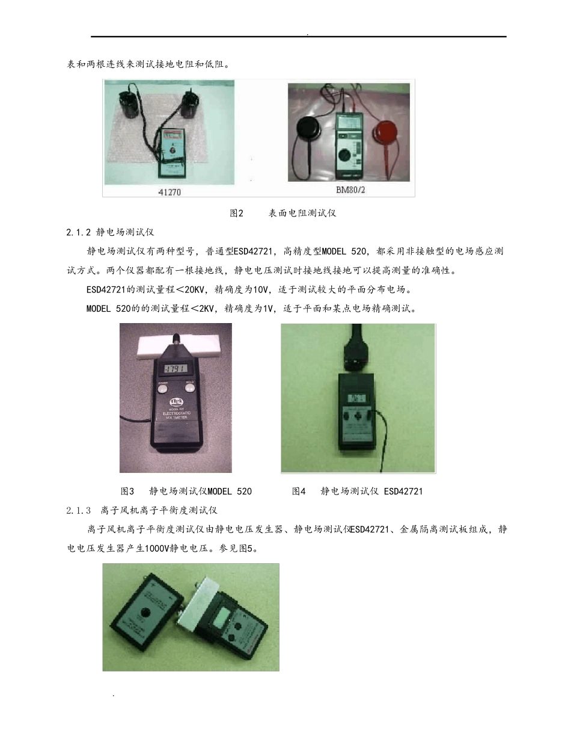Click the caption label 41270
click(169, 193)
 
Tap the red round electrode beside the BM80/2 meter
click(388, 132)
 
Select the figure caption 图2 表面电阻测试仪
click(286, 214)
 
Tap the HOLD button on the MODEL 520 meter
click(191, 388)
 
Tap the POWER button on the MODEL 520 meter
click(163, 388)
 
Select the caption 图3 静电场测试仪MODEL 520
click(186, 491)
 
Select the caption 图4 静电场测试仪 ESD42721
click(358, 491)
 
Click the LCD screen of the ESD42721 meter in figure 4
click(358, 398)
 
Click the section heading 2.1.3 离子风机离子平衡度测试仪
click(142, 511)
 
